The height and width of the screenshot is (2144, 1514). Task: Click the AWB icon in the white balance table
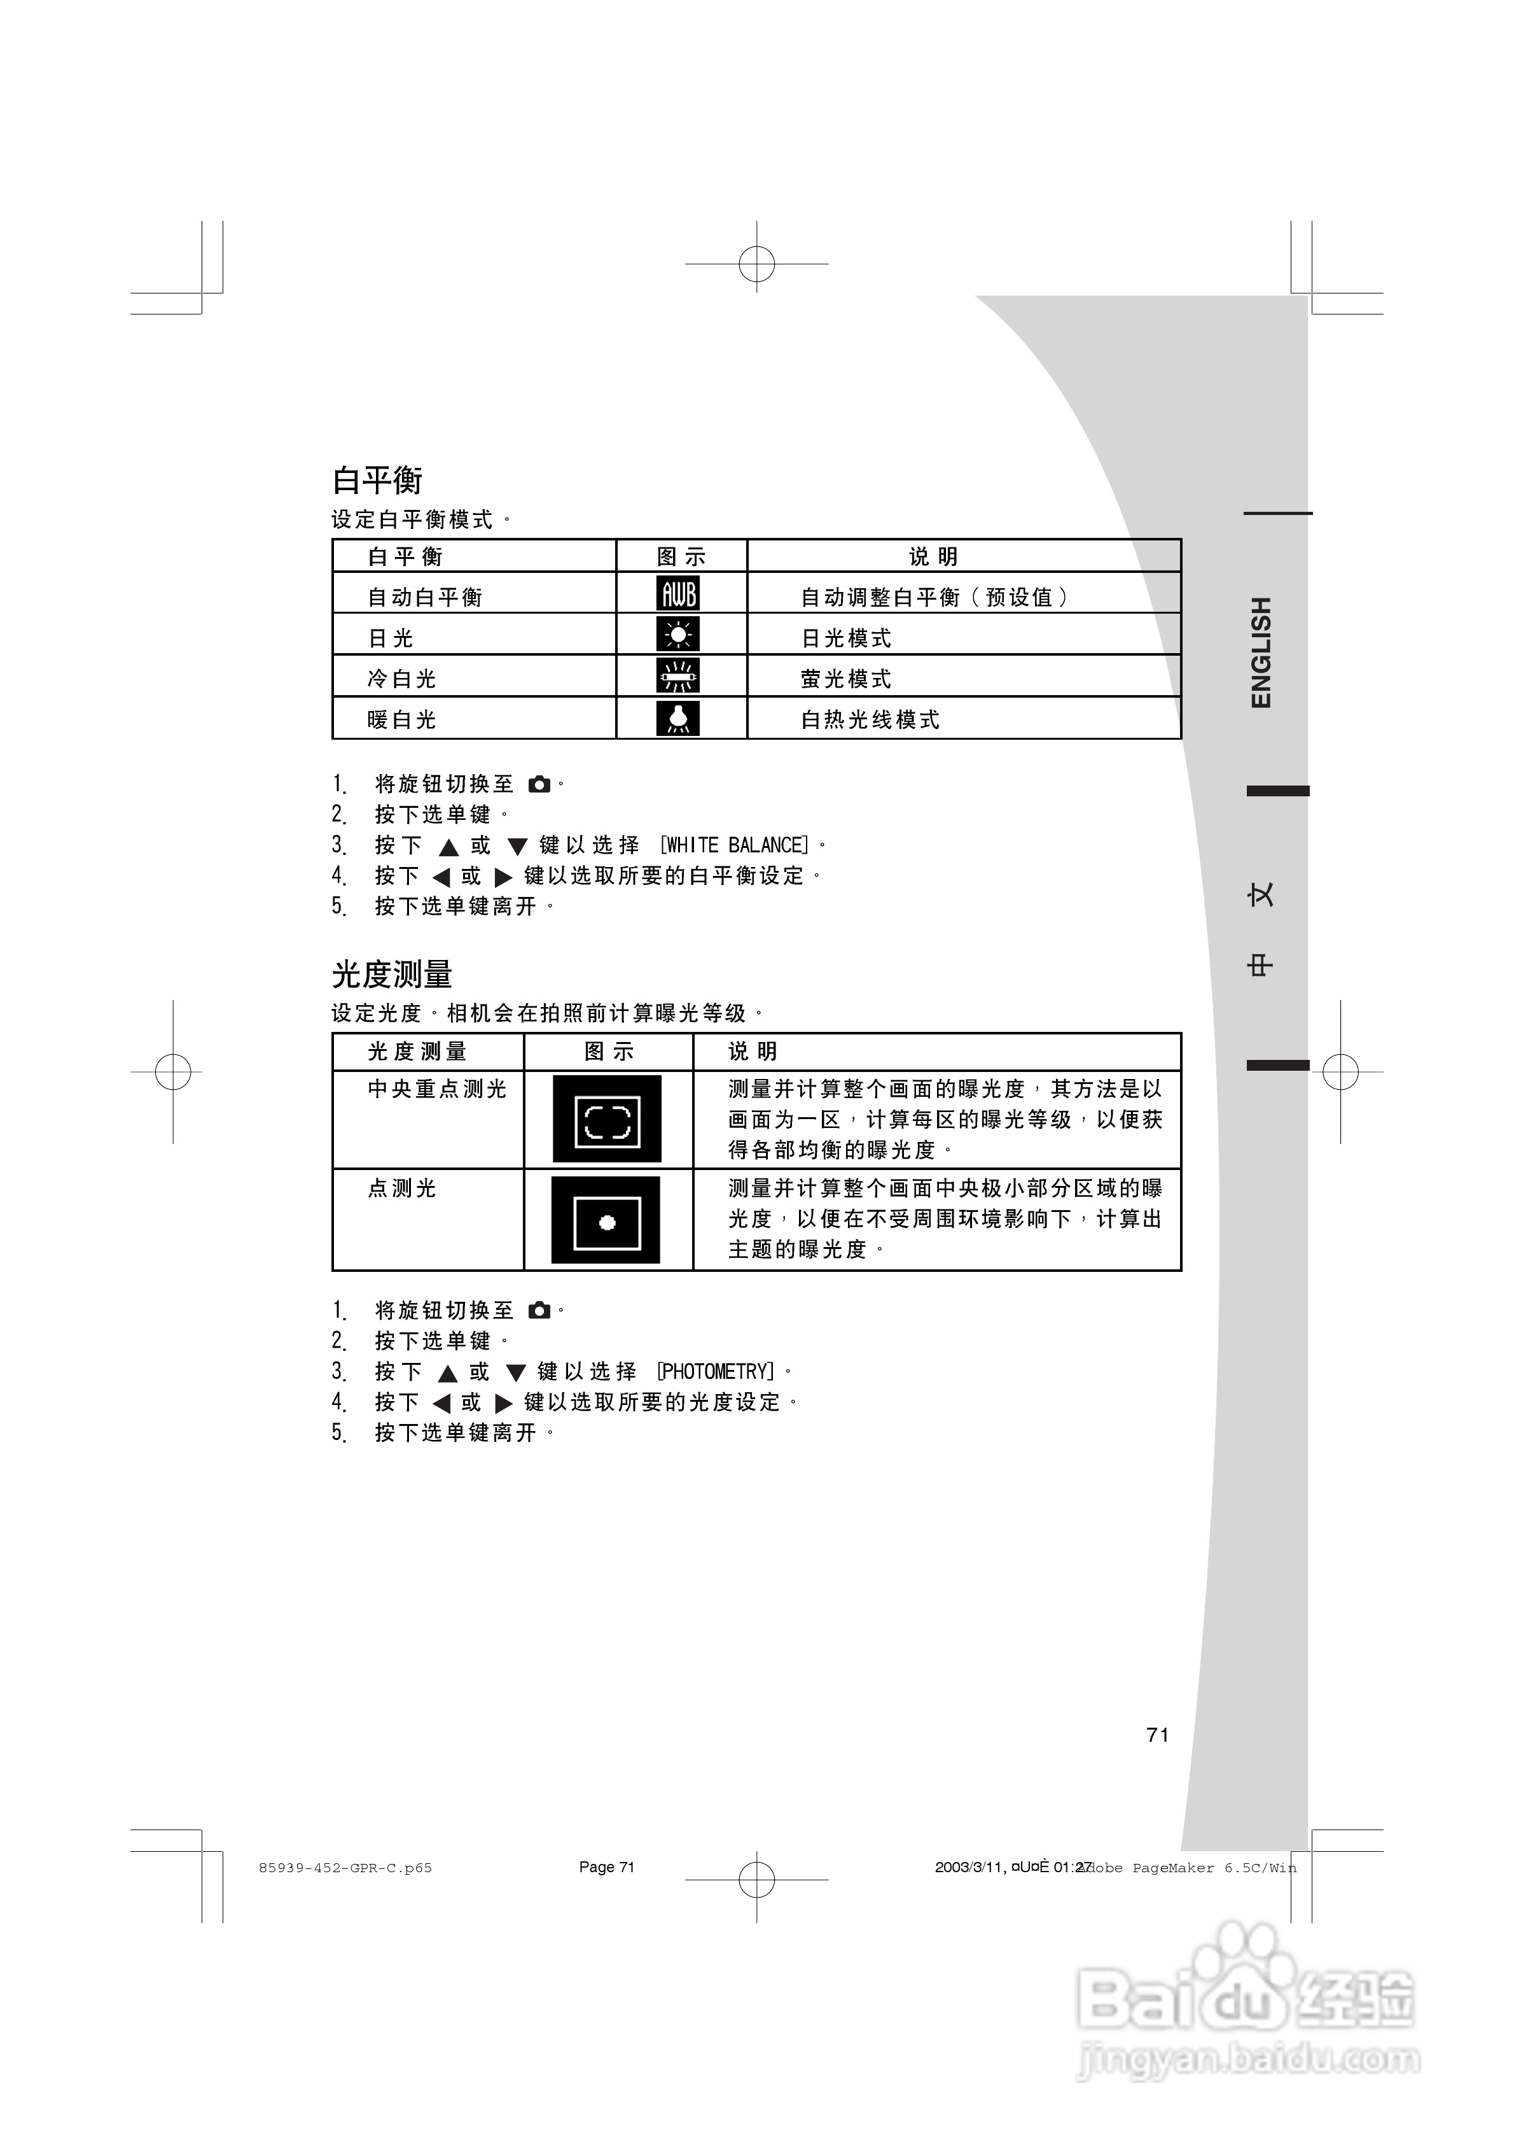click(677, 594)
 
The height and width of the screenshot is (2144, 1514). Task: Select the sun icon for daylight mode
click(677, 635)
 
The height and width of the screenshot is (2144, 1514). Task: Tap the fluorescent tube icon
click(677, 676)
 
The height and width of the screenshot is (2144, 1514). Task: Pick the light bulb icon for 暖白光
click(677, 717)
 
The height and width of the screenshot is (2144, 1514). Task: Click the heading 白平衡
click(377, 480)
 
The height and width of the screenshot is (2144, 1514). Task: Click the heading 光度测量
click(392, 974)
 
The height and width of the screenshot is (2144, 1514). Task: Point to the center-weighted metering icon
click(607, 1118)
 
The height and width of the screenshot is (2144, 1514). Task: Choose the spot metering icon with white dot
click(606, 1220)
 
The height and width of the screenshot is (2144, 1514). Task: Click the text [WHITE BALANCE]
click(735, 845)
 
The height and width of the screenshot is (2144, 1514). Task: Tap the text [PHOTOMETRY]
click(716, 1372)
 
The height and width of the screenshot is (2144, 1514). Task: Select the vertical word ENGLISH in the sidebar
click(1261, 652)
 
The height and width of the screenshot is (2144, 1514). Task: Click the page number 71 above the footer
click(1157, 1735)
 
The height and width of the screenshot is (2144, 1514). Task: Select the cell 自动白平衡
click(425, 596)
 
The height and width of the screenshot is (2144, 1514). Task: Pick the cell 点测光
click(402, 1188)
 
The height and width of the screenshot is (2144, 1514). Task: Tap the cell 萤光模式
click(845, 679)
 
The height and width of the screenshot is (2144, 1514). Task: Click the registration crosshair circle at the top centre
click(757, 264)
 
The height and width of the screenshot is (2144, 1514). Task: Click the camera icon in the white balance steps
click(539, 784)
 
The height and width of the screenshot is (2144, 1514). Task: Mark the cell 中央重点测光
click(437, 1089)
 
